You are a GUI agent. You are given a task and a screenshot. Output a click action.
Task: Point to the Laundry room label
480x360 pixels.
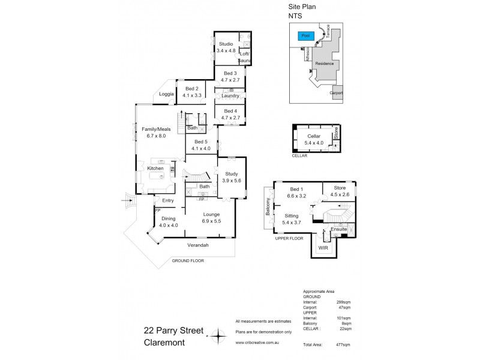(230, 96)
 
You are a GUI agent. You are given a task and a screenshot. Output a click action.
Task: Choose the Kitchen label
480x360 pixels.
(155, 169)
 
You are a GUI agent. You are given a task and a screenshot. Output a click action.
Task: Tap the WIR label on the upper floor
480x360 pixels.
(323, 247)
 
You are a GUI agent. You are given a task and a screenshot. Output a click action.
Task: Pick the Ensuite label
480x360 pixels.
(339, 229)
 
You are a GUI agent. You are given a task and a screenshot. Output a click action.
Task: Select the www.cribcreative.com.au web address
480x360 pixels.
(259, 343)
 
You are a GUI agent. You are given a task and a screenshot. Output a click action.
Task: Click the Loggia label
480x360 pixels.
(167, 94)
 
